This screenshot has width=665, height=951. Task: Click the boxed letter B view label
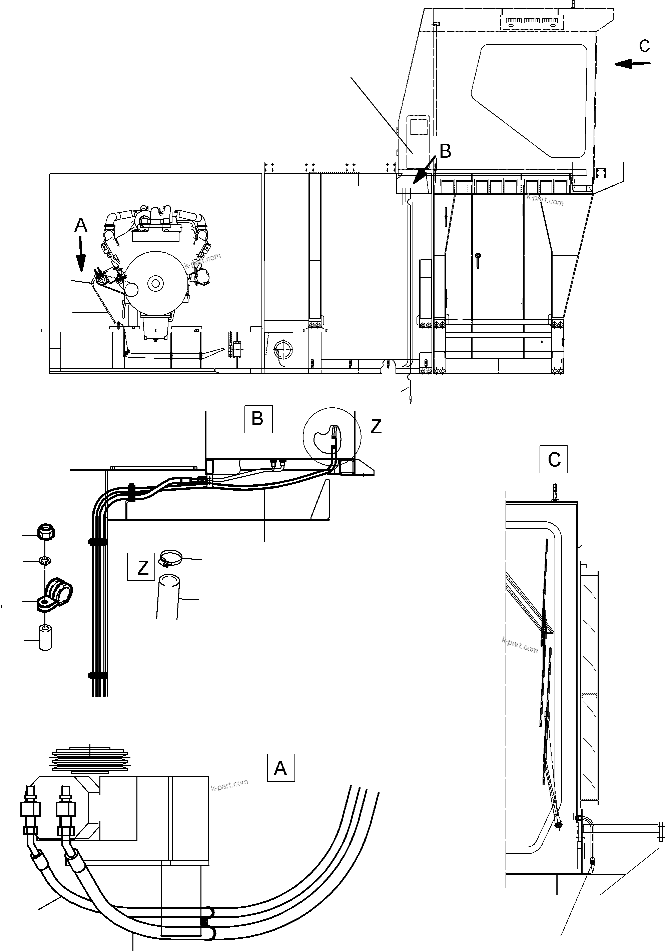[x=258, y=419]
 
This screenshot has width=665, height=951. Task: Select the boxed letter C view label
[x=553, y=459]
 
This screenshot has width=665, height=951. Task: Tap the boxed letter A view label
[x=280, y=768]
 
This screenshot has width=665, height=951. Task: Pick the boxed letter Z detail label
[x=141, y=567]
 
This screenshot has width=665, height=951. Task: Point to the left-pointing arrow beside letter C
[x=632, y=63]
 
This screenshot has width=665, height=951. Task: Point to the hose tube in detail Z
[x=168, y=596]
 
